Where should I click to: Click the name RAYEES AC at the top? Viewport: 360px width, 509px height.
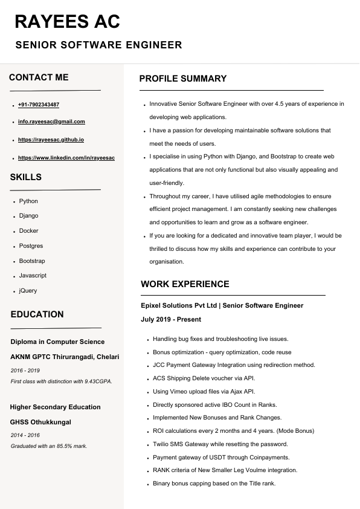coord(67,22)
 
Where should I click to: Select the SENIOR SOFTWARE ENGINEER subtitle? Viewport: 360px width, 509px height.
coord(98,45)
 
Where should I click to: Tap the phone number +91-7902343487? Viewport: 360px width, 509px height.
coord(39,105)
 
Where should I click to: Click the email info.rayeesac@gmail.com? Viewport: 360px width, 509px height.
coord(51,122)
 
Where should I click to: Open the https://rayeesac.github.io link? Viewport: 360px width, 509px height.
coord(51,140)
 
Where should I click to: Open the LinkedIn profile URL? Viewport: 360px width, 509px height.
coord(66,158)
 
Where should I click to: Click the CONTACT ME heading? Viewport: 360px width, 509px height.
coord(39,77)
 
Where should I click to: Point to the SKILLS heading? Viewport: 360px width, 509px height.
coord(26,177)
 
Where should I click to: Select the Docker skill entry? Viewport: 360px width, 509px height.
coord(28,231)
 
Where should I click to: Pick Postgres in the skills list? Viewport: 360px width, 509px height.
coord(31,246)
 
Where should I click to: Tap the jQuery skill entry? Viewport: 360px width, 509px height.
coord(28,291)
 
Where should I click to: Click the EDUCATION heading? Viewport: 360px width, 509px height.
coord(37,314)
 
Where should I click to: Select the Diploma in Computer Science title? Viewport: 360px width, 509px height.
coord(57,342)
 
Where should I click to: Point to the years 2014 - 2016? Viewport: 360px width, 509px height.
coord(25,435)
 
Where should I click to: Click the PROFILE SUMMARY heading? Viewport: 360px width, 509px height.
coord(183,79)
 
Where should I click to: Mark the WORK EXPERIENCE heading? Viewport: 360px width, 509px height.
coord(185,284)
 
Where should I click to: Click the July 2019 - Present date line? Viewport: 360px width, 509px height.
coord(171,319)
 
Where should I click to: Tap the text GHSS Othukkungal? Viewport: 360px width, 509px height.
coord(40,422)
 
